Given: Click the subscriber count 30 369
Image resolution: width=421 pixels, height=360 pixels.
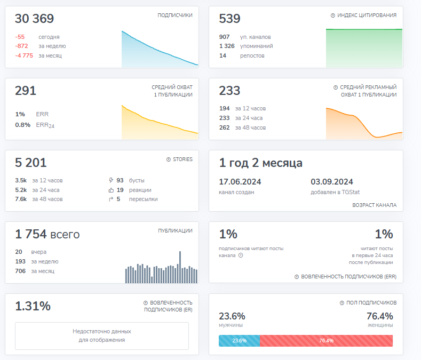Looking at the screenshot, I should click(x=34, y=19).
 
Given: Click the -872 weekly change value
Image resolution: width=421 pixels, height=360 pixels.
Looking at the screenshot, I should click(x=21, y=46).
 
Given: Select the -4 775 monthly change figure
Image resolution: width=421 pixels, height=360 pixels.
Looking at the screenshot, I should click(x=24, y=55).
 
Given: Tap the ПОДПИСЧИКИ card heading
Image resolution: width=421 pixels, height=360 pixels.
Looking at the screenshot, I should click(x=175, y=15).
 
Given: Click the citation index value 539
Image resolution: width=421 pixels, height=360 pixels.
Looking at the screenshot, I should click(x=230, y=19).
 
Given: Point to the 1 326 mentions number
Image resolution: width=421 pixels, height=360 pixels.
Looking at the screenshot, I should click(x=227, y=46).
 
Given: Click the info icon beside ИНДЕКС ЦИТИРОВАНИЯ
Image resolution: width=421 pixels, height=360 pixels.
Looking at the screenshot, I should click(x=333, y=15).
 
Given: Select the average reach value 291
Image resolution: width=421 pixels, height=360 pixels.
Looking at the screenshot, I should click(x=26, y=91).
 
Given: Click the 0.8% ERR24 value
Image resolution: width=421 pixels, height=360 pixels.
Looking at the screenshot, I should click(x=22, y=125).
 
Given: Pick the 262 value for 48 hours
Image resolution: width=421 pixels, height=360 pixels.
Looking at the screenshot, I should click(x=225, y=127).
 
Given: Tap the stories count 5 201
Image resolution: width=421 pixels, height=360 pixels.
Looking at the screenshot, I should click(x=31, y=163).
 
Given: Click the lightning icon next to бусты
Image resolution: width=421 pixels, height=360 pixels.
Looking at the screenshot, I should click(x=110, y=180).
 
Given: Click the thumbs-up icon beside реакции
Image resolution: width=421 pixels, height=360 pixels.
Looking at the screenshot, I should click(x=110, y=190).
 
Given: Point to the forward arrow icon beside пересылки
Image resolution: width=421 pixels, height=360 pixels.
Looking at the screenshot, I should click(x=110, y=199).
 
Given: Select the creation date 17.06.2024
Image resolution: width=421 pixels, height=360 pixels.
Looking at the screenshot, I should click(x=240, y=182).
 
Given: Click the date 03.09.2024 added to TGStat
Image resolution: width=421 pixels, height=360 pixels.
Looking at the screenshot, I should click(x=332, y=182).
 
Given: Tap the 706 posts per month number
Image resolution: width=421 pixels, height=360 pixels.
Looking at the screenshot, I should click(x=20, y=271).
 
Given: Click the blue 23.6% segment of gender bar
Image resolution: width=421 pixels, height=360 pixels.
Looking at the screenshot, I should click(x=239, y=340).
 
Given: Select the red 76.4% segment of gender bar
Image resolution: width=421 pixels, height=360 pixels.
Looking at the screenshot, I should click(x=326, y=340).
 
